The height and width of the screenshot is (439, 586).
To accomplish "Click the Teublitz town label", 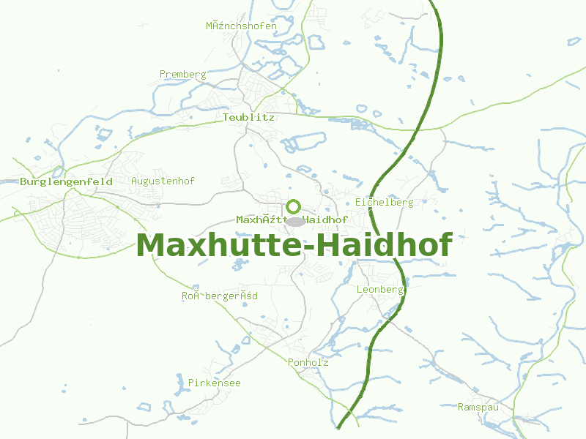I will point(248,117).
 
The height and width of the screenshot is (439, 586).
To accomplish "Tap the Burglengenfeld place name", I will point(67,181).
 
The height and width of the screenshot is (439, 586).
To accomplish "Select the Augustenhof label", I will point(163,181).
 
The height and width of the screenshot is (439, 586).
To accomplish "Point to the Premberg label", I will point(183,75).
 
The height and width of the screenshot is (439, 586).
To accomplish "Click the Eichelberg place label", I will point(385,202).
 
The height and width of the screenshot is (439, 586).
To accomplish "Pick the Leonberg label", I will point(380,290).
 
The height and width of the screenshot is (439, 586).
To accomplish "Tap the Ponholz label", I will point(308,362).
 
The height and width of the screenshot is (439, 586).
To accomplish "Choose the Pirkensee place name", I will point(215,383).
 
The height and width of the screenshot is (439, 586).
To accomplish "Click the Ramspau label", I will point(478,407).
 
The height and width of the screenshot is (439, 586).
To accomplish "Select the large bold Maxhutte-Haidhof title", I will point(294,245).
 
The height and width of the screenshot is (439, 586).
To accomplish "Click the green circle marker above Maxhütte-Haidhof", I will point(294,206).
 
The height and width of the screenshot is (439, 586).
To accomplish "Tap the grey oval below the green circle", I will point(294,221).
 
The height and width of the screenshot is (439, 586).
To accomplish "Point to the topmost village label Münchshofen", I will point(241,26).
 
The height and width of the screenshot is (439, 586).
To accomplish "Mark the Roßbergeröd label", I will point(220,296).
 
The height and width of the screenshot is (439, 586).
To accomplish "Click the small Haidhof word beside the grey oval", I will point(325,219).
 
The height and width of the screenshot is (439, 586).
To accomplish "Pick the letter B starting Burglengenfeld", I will point(24,181).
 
